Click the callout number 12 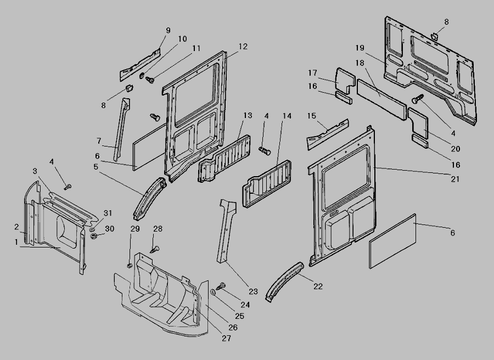[x=243, y=46]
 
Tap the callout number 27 [x=226, y=339]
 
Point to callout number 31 [x=108, y=213]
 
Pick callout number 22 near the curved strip [x=318, y=285]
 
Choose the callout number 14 [x=287, y=116]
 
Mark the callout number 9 [x=168, y=30]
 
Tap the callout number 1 [x=16, y=241]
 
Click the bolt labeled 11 [x=149, y=81]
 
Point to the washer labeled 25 [x=213, y=292]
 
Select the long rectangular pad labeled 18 [x=381, y=95]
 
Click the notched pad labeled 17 [x=346, y=80]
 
